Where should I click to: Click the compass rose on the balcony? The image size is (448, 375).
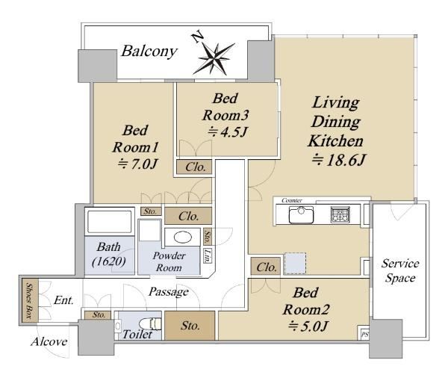214,58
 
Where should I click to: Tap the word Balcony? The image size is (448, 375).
149,52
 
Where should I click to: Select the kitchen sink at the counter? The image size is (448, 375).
301,214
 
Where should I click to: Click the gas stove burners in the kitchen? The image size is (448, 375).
340,214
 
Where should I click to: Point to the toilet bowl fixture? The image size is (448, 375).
151,324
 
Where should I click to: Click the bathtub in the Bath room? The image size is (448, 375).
110,222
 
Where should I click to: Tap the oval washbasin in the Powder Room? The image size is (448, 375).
183,238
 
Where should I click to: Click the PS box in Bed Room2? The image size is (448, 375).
364,333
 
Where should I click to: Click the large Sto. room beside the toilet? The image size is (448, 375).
190,326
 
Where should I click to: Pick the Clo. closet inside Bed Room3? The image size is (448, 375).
194,167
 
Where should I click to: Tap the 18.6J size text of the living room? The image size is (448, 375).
339,160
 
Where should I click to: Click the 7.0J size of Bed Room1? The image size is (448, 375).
138,164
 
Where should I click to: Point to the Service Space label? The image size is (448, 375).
400,270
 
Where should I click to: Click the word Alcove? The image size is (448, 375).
49,341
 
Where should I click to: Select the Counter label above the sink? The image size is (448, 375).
292,200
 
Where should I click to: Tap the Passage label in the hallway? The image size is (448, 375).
169,292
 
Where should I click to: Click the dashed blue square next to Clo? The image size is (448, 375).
296,264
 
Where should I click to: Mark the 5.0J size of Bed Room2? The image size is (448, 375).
308,326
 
